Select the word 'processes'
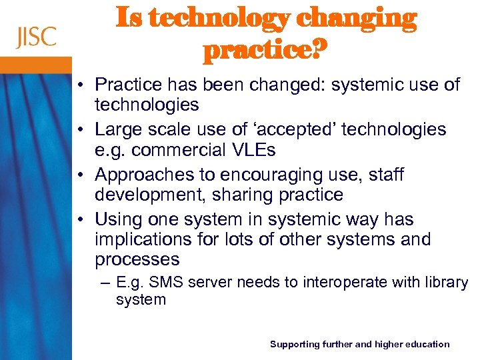(x=137, y=259)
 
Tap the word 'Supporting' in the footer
(x=294, y=344)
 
